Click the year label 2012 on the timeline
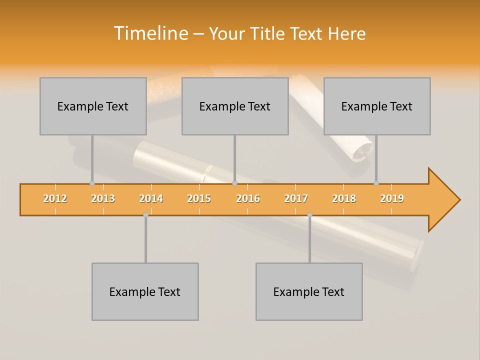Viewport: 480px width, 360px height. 55,198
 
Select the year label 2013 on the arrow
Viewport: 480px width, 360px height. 103,198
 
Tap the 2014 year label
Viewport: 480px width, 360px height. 151,198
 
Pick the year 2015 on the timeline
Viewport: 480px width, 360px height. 199,198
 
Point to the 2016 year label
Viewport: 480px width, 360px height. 248,198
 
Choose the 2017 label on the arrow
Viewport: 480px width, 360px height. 296,198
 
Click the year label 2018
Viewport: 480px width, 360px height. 344,198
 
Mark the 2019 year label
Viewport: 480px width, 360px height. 392,198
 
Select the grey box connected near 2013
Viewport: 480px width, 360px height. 93,106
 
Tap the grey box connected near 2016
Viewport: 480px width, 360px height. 235,106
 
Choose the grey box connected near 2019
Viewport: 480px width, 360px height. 377,106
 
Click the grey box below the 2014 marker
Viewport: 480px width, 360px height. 145,291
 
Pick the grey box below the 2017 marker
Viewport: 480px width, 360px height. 309,291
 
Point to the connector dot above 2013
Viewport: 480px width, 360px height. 92,183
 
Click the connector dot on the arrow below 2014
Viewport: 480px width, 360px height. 145,214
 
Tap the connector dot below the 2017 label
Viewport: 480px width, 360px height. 309,215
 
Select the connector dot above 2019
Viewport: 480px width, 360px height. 376,183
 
